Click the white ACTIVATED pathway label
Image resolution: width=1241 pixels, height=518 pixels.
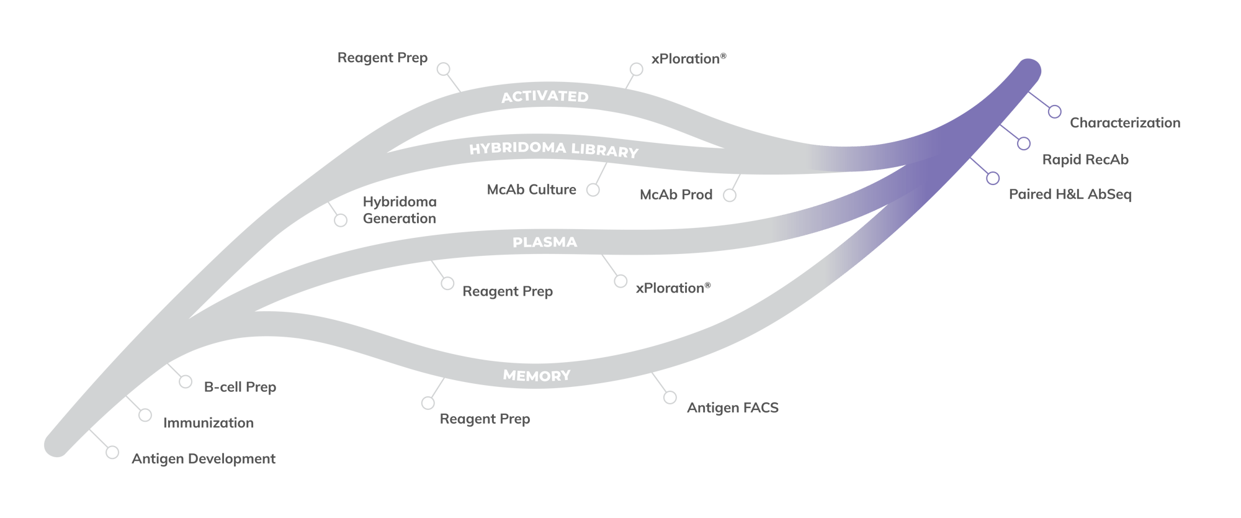(545, 96)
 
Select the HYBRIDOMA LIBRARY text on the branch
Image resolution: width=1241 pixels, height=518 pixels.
(553, 150)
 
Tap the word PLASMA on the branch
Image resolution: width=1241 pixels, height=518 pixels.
(545, 242)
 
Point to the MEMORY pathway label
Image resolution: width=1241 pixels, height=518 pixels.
(537, 375)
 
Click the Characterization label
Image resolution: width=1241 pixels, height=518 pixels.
(1125, 123)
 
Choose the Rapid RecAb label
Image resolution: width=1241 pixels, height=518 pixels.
(1085, 160)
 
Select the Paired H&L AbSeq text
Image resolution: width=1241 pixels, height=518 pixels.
(1070, 194)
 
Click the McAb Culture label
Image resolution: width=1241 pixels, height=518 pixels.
(532, 189)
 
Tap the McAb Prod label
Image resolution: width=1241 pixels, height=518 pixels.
(676, 195)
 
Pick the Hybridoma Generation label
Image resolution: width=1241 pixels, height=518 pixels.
(400, 210)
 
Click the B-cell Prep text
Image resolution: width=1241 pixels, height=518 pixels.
(240, 387)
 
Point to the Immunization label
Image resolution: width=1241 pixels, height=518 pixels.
(208, 423)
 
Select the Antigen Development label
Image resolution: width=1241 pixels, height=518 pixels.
(204, 459)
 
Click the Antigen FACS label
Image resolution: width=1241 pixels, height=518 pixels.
(733, 408)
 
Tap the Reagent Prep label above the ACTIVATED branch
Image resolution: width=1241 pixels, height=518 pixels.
(382, 58)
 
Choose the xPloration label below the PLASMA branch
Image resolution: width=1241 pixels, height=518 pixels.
(673, 288)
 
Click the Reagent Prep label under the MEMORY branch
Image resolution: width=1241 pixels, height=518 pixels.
(485, 419)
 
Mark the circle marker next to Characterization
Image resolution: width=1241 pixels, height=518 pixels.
(1055, 112)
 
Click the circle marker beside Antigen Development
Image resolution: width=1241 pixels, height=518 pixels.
(112, 452)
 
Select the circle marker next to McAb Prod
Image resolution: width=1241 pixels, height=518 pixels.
(730, 195)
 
